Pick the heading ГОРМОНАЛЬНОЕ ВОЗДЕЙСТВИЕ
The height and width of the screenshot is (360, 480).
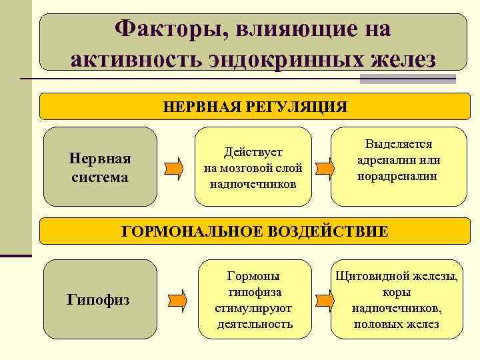254,231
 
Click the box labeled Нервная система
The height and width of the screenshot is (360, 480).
100,167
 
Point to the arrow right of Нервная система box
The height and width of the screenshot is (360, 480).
174,167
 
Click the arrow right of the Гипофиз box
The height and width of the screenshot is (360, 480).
174,299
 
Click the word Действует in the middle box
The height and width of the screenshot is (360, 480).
253,153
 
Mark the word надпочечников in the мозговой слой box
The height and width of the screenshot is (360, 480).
253,183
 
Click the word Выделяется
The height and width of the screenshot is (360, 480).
399,145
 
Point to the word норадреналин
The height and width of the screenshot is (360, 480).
399,176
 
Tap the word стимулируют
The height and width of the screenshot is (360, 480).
253,308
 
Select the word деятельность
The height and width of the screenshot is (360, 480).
255,324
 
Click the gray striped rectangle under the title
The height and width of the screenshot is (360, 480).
407,79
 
